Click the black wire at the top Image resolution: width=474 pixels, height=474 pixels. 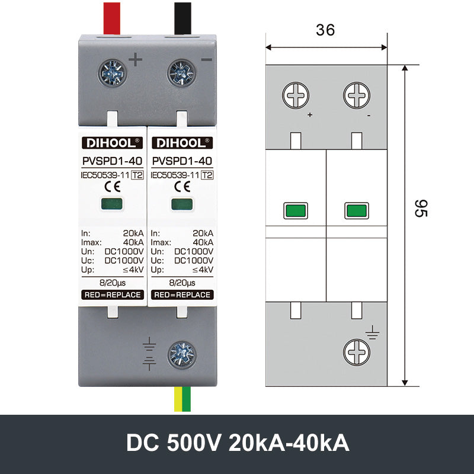pos(182,18)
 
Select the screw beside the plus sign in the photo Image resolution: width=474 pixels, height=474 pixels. pos(113,73)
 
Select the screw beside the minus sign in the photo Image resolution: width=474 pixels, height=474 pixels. pos(181,73)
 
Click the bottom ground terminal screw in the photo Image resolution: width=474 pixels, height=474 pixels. pos(182,354)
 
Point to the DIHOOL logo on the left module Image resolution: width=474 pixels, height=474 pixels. pos(112,143)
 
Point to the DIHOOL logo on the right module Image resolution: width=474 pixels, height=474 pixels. pos(181,143)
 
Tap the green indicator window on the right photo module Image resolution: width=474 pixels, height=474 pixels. pos(181,204)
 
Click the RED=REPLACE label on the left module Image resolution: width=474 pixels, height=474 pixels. pos(112,294)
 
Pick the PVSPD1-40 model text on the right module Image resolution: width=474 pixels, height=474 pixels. pos(182,160)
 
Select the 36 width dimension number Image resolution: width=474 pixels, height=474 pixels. pos(325,30)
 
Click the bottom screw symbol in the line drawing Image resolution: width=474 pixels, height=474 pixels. pos(357,354)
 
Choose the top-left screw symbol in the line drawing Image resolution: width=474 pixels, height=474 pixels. pos(296,95)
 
